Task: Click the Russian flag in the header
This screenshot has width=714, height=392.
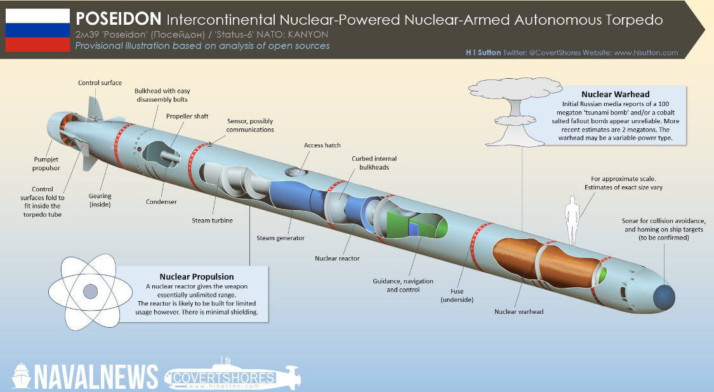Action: coord(37,30)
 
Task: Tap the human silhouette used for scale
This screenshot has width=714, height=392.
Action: coord(573,220)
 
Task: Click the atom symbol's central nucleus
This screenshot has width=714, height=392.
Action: coord(91,292)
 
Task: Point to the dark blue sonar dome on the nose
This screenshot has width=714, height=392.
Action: coord(663,297)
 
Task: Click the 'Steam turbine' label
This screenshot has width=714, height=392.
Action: coord(212,220)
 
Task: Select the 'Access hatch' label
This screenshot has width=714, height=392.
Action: coord(322,145)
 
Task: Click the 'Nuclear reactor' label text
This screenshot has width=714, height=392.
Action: coord(337,259)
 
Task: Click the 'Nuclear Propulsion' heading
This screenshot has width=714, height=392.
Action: coord(197,276)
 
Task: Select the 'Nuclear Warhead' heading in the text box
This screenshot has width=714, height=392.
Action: coord(606,95)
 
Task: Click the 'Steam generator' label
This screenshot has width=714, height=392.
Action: coord(281,238)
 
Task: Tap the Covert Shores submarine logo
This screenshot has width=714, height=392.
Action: coord(232,377)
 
